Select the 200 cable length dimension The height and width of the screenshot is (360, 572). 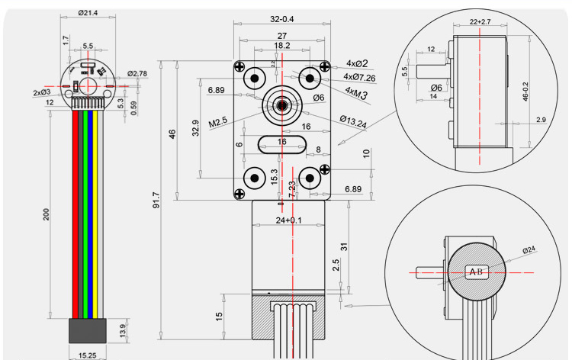pyautogui.click(x=46, y=216)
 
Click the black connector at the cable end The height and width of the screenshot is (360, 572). pyautogui.click(x=86, y=329)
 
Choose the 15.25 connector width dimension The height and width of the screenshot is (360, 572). pyautogui.click(x=87, y=355)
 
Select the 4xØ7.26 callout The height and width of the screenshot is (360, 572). pyautogui.click(x=361, y=77)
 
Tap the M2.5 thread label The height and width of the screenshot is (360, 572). pyautogui.click(x=218, y=122)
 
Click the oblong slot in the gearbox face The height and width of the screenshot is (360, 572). pyautogui.click(x=281, y=142)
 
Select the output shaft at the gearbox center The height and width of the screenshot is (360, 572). pyautogui.click(x=281, y=104)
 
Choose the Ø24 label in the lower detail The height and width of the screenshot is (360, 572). pyautogui.click(x=529, y=250)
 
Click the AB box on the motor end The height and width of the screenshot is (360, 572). pyautogui.click(x=477, y=272)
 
